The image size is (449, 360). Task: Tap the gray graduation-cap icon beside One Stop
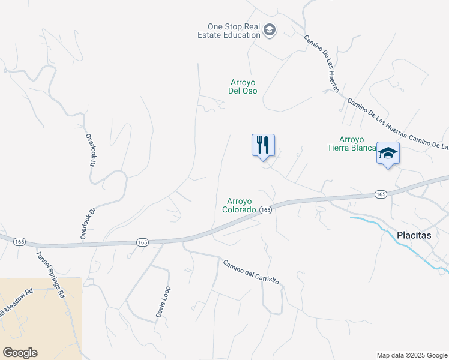click(270, 30)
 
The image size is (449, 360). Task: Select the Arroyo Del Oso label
click(243, 86)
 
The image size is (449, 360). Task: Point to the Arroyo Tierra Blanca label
click(352, 143)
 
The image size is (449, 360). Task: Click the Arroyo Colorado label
click(240, 206)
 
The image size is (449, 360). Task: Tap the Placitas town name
click(414, 235)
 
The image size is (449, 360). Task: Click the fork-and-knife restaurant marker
click(263, 145)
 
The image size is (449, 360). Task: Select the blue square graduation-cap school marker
click(388, 153)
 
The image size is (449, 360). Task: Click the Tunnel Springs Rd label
click(49, 274)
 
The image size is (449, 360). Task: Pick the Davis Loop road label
click(164, 304)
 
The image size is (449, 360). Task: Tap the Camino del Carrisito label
click(251, 272)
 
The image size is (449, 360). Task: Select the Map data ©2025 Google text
click(412, 355)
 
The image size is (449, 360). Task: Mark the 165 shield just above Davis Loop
click(142, 242)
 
